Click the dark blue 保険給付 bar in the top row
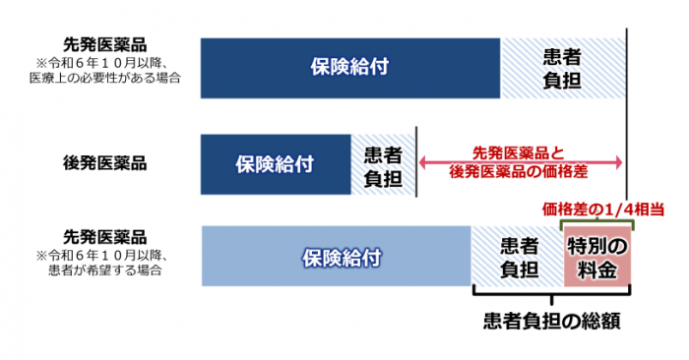coord(349,67)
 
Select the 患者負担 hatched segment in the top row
coord(561,67)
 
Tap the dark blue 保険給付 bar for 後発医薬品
coord(276,162)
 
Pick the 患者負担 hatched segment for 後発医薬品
coord(383,162)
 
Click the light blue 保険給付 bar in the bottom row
coord(337,258)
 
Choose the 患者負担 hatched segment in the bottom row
coord(518,258)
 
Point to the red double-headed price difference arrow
coord(521,162)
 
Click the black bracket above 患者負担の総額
coord(552,294)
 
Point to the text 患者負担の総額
coord(551,322)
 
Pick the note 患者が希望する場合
coord(110,268)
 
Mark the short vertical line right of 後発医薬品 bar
coord(418,162)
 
